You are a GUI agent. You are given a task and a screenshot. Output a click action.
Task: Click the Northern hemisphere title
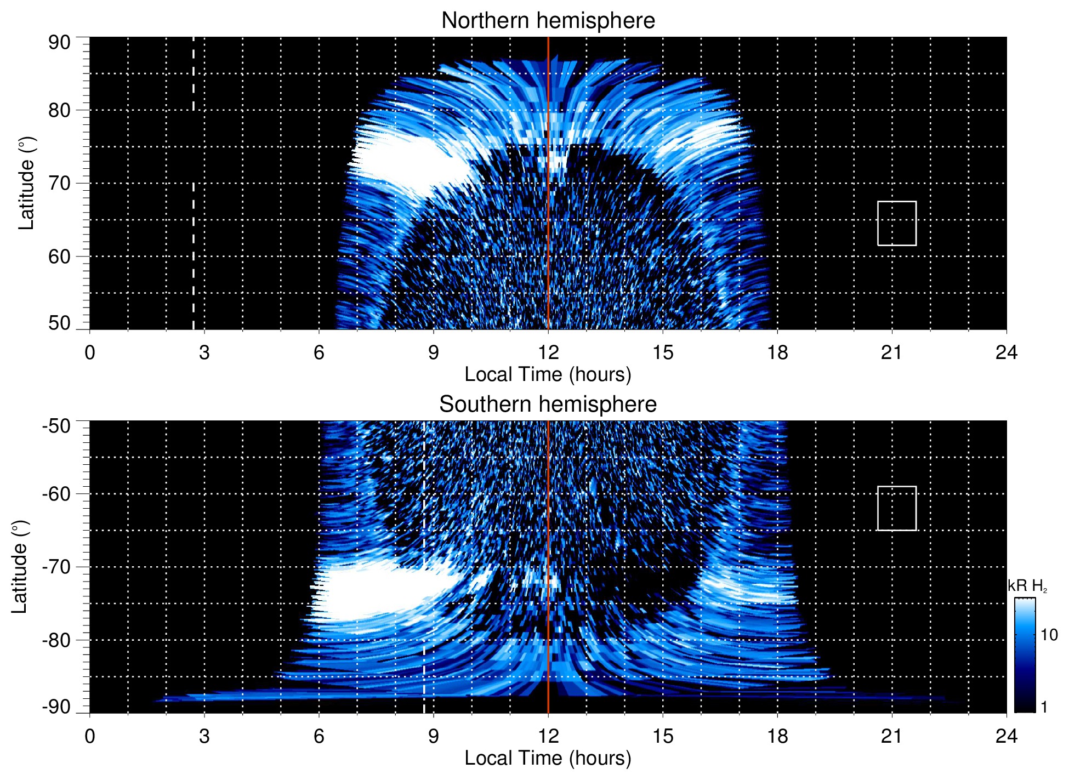point(548,21)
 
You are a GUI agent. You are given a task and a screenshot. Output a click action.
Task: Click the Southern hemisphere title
point(548,405)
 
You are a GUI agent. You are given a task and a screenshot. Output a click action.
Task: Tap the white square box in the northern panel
point(896,223)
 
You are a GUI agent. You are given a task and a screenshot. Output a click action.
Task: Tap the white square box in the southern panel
point(896,508)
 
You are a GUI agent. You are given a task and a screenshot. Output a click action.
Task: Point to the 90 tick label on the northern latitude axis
point(59,43)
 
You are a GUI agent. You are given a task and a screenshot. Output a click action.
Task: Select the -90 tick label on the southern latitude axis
point(56,707)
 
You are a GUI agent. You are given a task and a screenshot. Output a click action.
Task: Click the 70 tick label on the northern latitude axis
point(59,183)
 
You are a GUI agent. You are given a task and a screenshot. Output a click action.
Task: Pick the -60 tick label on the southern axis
point(56,494)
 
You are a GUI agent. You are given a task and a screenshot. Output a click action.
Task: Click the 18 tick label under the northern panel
point(777,352)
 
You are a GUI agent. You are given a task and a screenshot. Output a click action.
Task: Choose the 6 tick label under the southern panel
point(319,736)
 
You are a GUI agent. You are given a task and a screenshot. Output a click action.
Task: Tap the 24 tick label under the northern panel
point(1006,352)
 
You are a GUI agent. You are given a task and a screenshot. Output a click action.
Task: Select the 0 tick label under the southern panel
point(90,736)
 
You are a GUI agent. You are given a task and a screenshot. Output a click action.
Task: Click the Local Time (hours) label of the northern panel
point(548,374)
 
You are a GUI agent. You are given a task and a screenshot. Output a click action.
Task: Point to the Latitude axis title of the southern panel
point(20,567)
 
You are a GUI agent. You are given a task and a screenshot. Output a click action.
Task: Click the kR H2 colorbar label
point(1027,586)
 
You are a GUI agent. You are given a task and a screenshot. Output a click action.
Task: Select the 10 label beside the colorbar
point(1049,635)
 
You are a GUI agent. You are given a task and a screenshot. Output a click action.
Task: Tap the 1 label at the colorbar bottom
point(1044,707)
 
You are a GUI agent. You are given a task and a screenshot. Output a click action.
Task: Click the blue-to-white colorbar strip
point(1024,655)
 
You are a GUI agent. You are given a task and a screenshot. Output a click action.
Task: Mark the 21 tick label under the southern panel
point(891,736)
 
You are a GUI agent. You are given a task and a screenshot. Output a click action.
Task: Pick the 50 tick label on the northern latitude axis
point(59,323)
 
